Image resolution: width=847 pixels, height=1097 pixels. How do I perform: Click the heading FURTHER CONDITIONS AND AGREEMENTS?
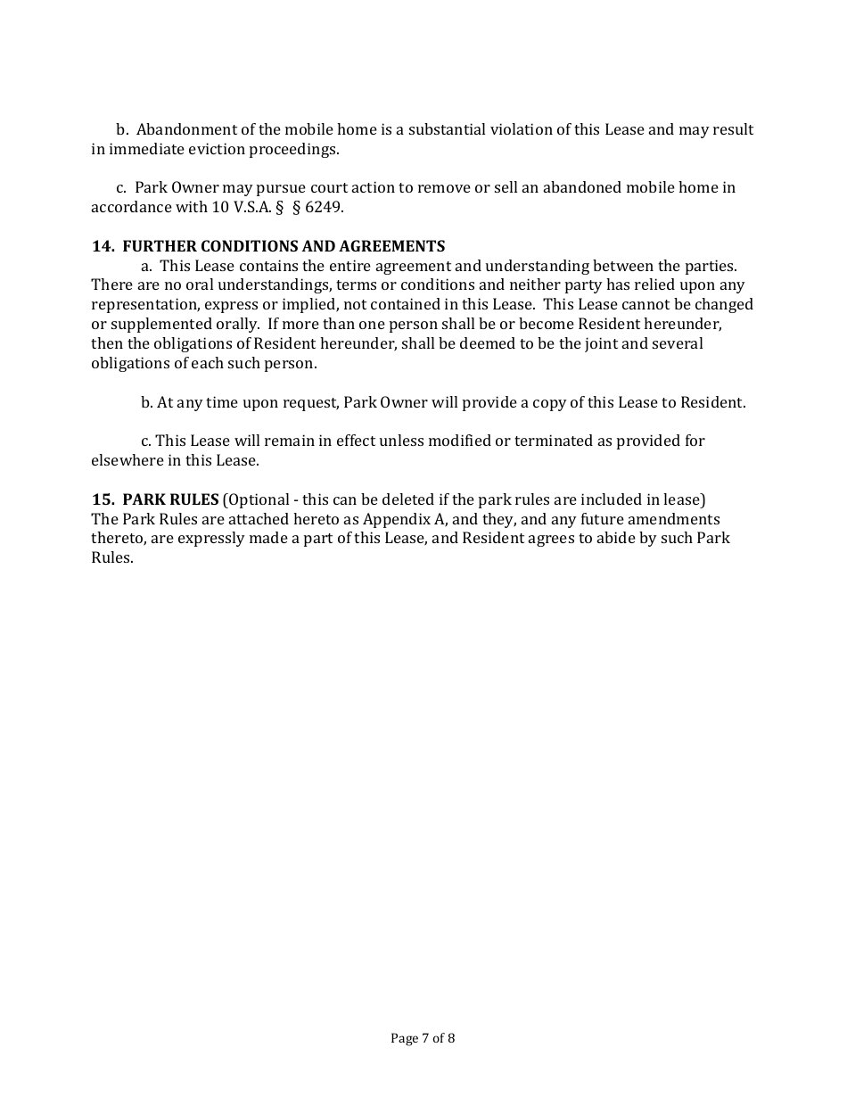[284, 246]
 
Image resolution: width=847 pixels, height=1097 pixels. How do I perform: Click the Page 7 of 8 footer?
[423, 1038]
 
